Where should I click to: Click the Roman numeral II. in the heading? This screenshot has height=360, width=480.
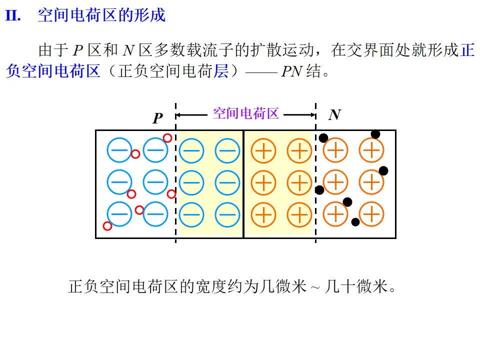(13, 15)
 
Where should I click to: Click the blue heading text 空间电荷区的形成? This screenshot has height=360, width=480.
(101, 15)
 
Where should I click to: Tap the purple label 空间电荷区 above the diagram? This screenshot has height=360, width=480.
(245, 113)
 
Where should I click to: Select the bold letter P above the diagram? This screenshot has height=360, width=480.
(157, 118)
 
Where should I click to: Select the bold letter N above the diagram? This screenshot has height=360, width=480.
(334, 115)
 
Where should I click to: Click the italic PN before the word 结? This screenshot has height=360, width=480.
(291, 72)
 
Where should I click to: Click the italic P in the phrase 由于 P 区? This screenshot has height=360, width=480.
(77, 50)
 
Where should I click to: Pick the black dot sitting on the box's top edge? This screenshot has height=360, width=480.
(375, 134)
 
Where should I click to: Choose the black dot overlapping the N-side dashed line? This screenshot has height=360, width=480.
(319, 190)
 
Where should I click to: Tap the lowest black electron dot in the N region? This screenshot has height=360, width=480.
(355, 222)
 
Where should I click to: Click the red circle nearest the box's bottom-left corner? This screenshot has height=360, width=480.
(107, 226)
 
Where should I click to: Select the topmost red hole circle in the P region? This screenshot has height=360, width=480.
(167, 138)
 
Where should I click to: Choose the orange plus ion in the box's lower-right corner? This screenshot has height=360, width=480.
(371, 214)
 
